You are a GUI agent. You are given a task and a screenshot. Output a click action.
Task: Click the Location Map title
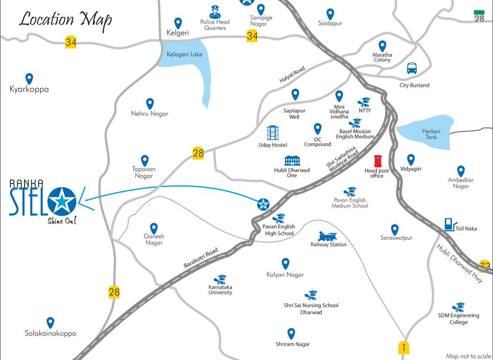point(65,19)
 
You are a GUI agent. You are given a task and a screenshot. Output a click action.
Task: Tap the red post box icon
point(378,161)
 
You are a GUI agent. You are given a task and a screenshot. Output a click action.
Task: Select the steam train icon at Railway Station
point(328,236)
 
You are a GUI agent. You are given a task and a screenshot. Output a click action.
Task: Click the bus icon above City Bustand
point(411,68)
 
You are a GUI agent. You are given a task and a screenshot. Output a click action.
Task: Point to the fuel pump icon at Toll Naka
point(449,224)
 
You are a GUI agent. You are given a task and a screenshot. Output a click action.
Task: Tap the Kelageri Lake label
point(185,54)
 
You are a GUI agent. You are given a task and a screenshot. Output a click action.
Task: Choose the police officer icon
point(214,12)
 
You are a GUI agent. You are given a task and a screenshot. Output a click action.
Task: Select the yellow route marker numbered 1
point(403,348)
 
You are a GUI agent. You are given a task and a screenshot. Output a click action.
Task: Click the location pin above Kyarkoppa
point(29,78)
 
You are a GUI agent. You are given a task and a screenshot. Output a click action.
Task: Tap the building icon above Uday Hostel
point(272,133)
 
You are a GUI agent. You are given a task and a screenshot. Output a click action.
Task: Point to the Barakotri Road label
point(201,259)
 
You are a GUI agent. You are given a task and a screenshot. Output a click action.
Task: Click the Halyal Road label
point(292,75)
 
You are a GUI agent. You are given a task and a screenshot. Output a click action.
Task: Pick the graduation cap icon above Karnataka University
point(220,279)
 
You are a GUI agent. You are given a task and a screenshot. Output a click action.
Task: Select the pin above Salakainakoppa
point(50,322)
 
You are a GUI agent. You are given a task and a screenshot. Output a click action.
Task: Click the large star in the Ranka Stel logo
point(62,202)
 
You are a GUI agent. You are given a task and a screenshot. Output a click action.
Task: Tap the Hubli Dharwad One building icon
point(292,161)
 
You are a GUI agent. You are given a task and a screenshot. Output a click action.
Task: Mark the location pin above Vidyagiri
point(411,159)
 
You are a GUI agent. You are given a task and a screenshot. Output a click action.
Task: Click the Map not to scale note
point(468,356)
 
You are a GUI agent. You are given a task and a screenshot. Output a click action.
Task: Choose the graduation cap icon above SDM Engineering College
point(458,307)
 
